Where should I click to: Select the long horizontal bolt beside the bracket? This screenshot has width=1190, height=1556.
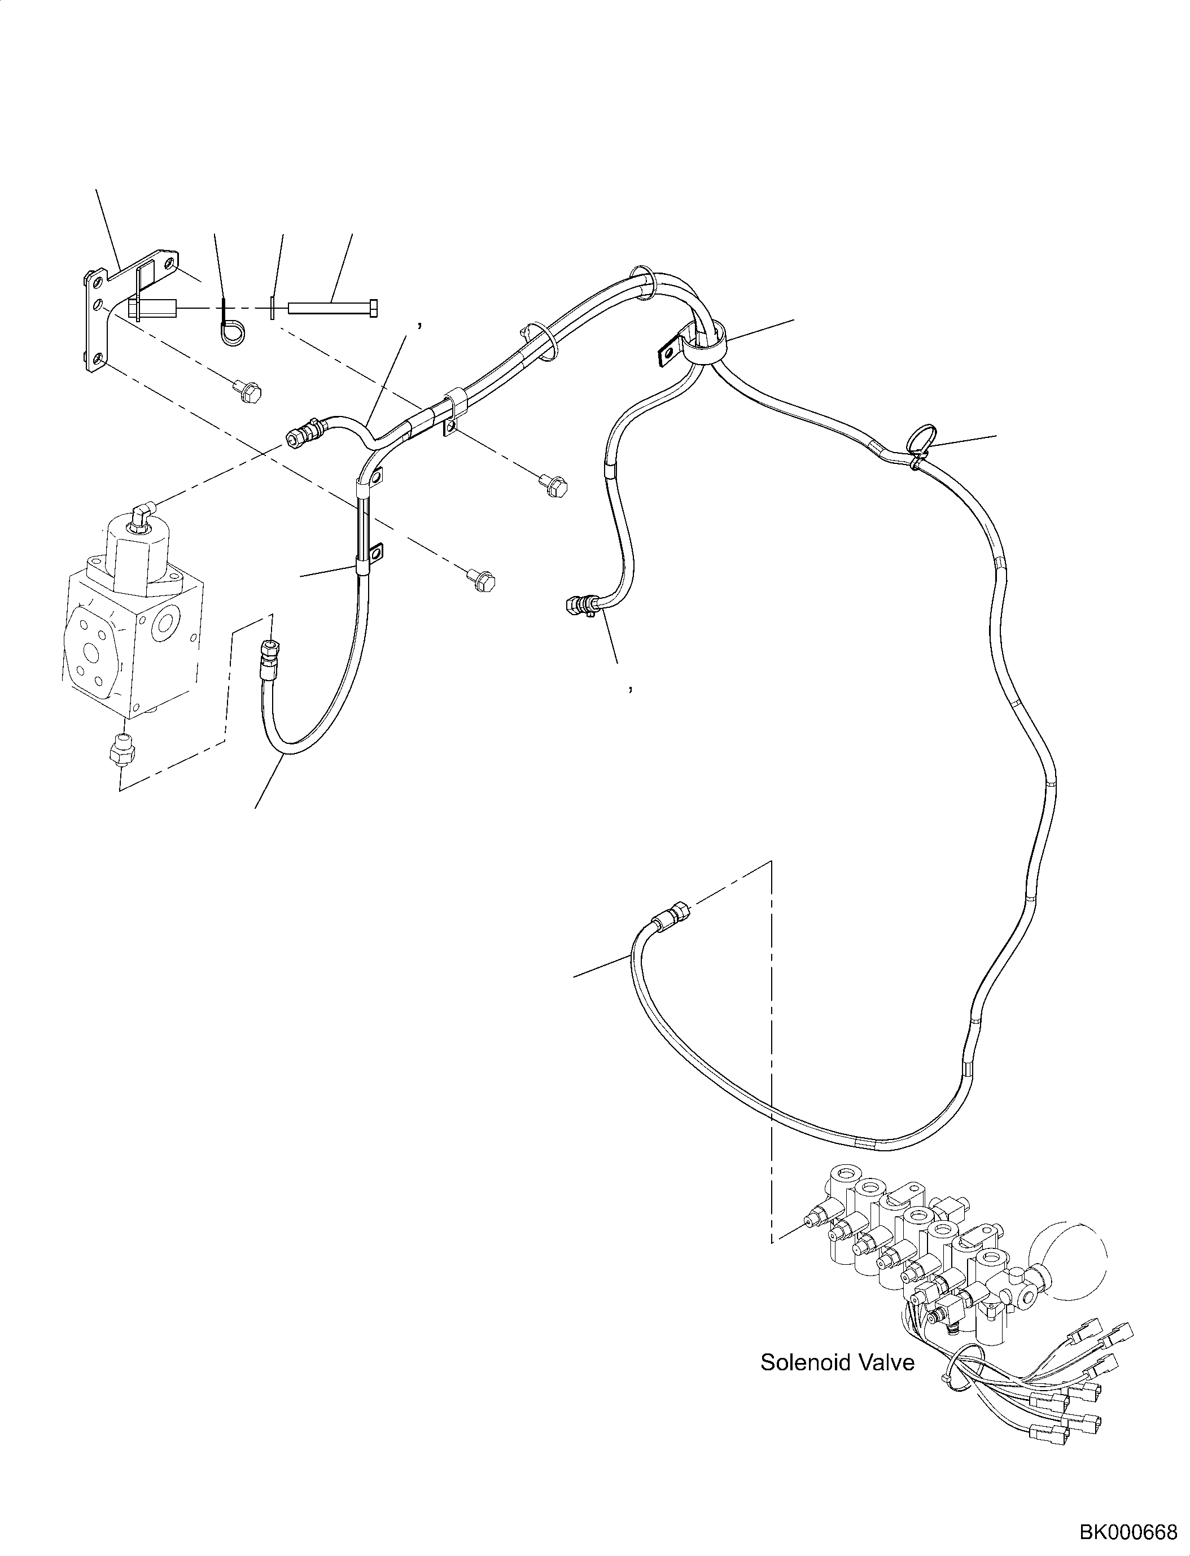click(x=331, y=308)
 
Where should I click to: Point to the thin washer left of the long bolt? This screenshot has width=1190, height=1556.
click(x=272, y=308)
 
